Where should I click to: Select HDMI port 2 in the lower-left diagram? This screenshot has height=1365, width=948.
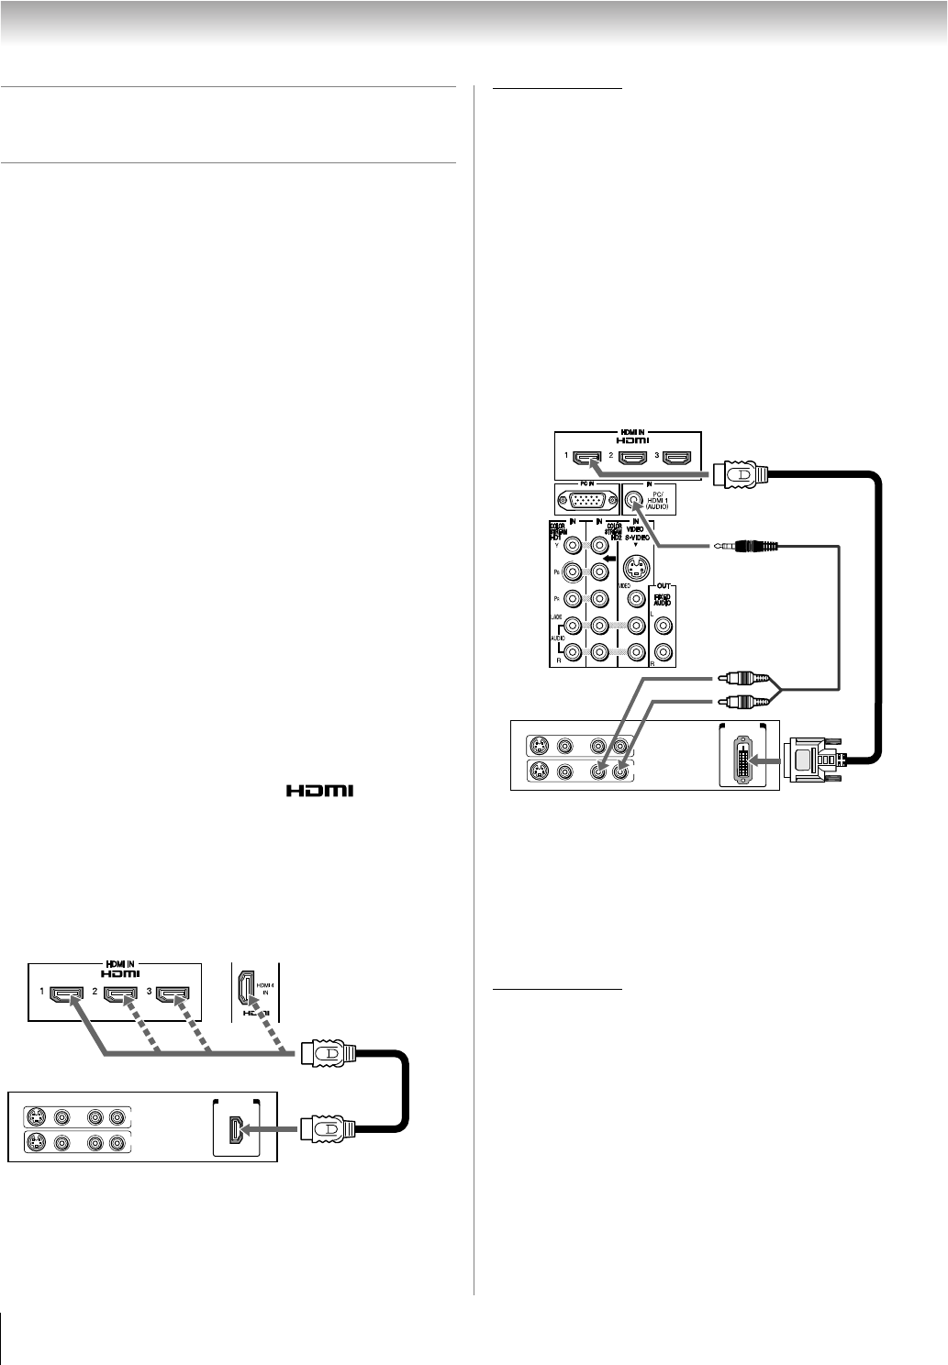click(120, 993)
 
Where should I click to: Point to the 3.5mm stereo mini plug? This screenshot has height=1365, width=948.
click(747, 547)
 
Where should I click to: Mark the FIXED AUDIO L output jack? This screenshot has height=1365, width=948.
click(663, 628)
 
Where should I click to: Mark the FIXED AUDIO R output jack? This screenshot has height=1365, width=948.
click(663, 654)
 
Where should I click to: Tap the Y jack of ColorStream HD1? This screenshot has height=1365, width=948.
click(574, 545)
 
